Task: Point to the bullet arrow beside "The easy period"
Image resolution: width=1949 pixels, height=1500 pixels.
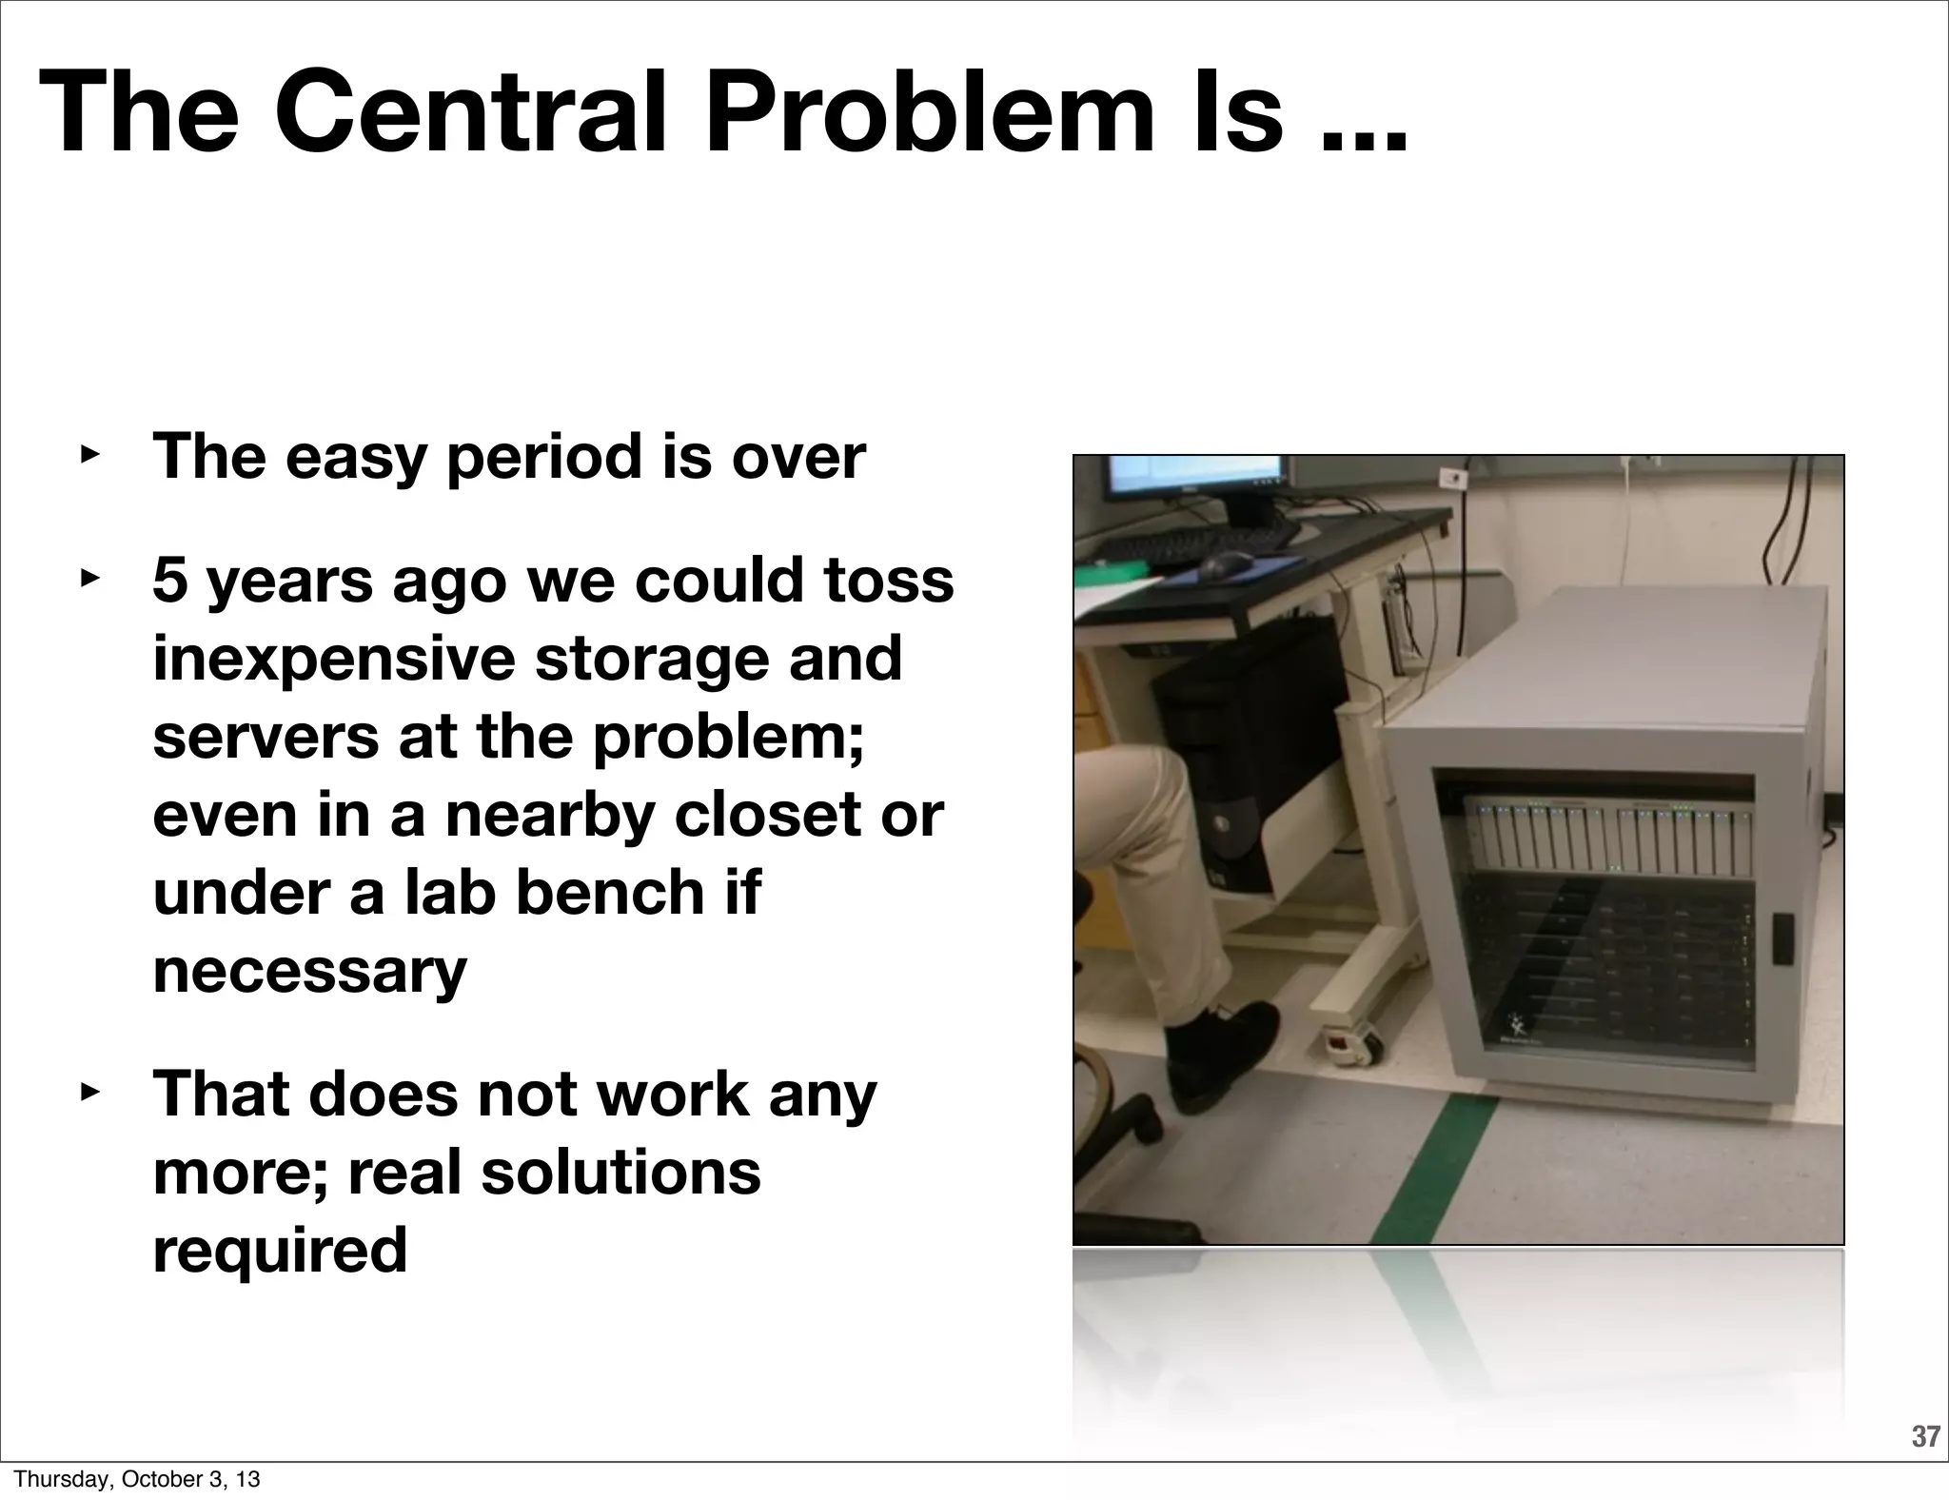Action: (x=89, y=455)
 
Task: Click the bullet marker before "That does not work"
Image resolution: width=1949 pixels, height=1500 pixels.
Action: (x=89, y=1092)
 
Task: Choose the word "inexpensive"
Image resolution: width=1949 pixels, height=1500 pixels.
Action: (x=333, y=659)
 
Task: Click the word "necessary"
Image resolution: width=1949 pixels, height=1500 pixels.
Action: (x=309, y=971)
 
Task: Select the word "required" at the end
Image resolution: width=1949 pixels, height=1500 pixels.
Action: (x=280, y=1251)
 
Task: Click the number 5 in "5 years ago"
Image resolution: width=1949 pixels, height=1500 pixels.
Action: (x=170, y=581)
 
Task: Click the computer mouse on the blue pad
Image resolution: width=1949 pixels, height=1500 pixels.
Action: (x=1228, y=562)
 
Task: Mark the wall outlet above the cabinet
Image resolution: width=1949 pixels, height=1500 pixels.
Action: (x=1453, y=479)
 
